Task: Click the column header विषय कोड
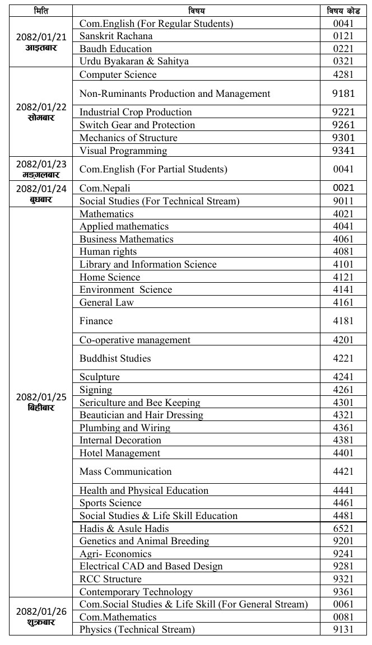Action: [x=343, y=11]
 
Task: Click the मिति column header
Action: [x=41, y=11]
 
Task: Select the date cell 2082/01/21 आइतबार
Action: [x=41, y=42]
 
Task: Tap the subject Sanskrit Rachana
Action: [x=116, y=36]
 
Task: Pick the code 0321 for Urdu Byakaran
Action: [x=343, y=61]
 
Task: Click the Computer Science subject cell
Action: [x=118, y=74]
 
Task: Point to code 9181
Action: [x=343, y=94]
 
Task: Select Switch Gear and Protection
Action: [x=137, y=125]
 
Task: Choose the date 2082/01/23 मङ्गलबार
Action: [x=41, y=169]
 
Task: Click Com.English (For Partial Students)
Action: [x=146, y=169]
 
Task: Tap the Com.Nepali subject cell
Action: [x=105, y=188]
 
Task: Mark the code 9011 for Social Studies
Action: [x=343, y=201]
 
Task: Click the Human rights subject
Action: [x=108, y=251]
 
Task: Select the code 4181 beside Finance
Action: [x=343, y=321]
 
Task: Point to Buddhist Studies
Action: [x=115, y=358]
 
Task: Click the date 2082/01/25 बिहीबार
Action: [x=41, y=402]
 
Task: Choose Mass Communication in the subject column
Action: [x=125, y=471]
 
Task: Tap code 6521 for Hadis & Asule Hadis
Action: [x=343, y=529]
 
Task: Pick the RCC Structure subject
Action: [x=110, y=579]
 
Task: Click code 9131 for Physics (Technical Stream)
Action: [x=343, y=629]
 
